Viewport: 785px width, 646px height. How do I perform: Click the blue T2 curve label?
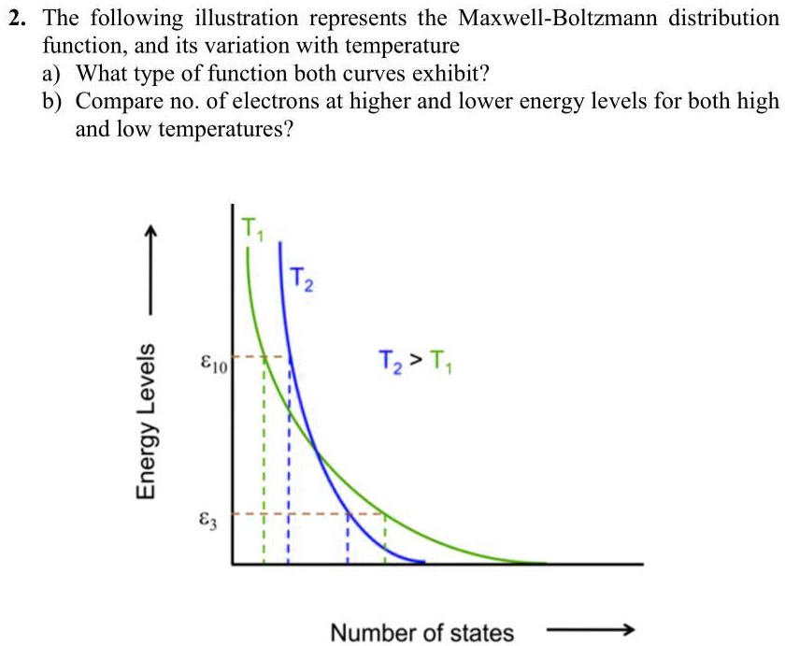301,278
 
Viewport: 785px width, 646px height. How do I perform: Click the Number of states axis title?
421,633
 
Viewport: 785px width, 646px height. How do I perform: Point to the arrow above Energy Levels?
147,267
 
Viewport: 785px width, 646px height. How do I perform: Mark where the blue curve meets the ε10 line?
290,356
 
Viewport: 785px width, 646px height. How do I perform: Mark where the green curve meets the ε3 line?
384,513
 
